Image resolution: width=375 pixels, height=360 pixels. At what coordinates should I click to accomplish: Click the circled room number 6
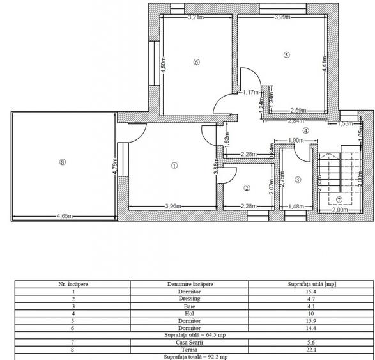pyautogui.click(x=196, y=63)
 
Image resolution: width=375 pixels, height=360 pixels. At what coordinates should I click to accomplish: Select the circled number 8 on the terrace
pyautogui.click(x=62, y=162)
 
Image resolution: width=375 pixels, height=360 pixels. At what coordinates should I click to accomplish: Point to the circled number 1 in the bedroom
pyautogui.click(x=174, y=164)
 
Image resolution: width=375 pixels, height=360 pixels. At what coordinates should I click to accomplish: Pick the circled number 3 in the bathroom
pyautogui.click(x=298, y=180)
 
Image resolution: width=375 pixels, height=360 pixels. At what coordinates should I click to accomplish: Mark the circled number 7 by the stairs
pyautogui.click(x=340, y=199)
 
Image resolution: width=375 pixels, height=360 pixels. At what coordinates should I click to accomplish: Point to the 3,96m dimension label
pyautogui.click(x=174, y=206)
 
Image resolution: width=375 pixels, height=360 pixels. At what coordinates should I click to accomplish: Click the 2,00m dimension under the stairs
pyautogui.click(x=342, y=209)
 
